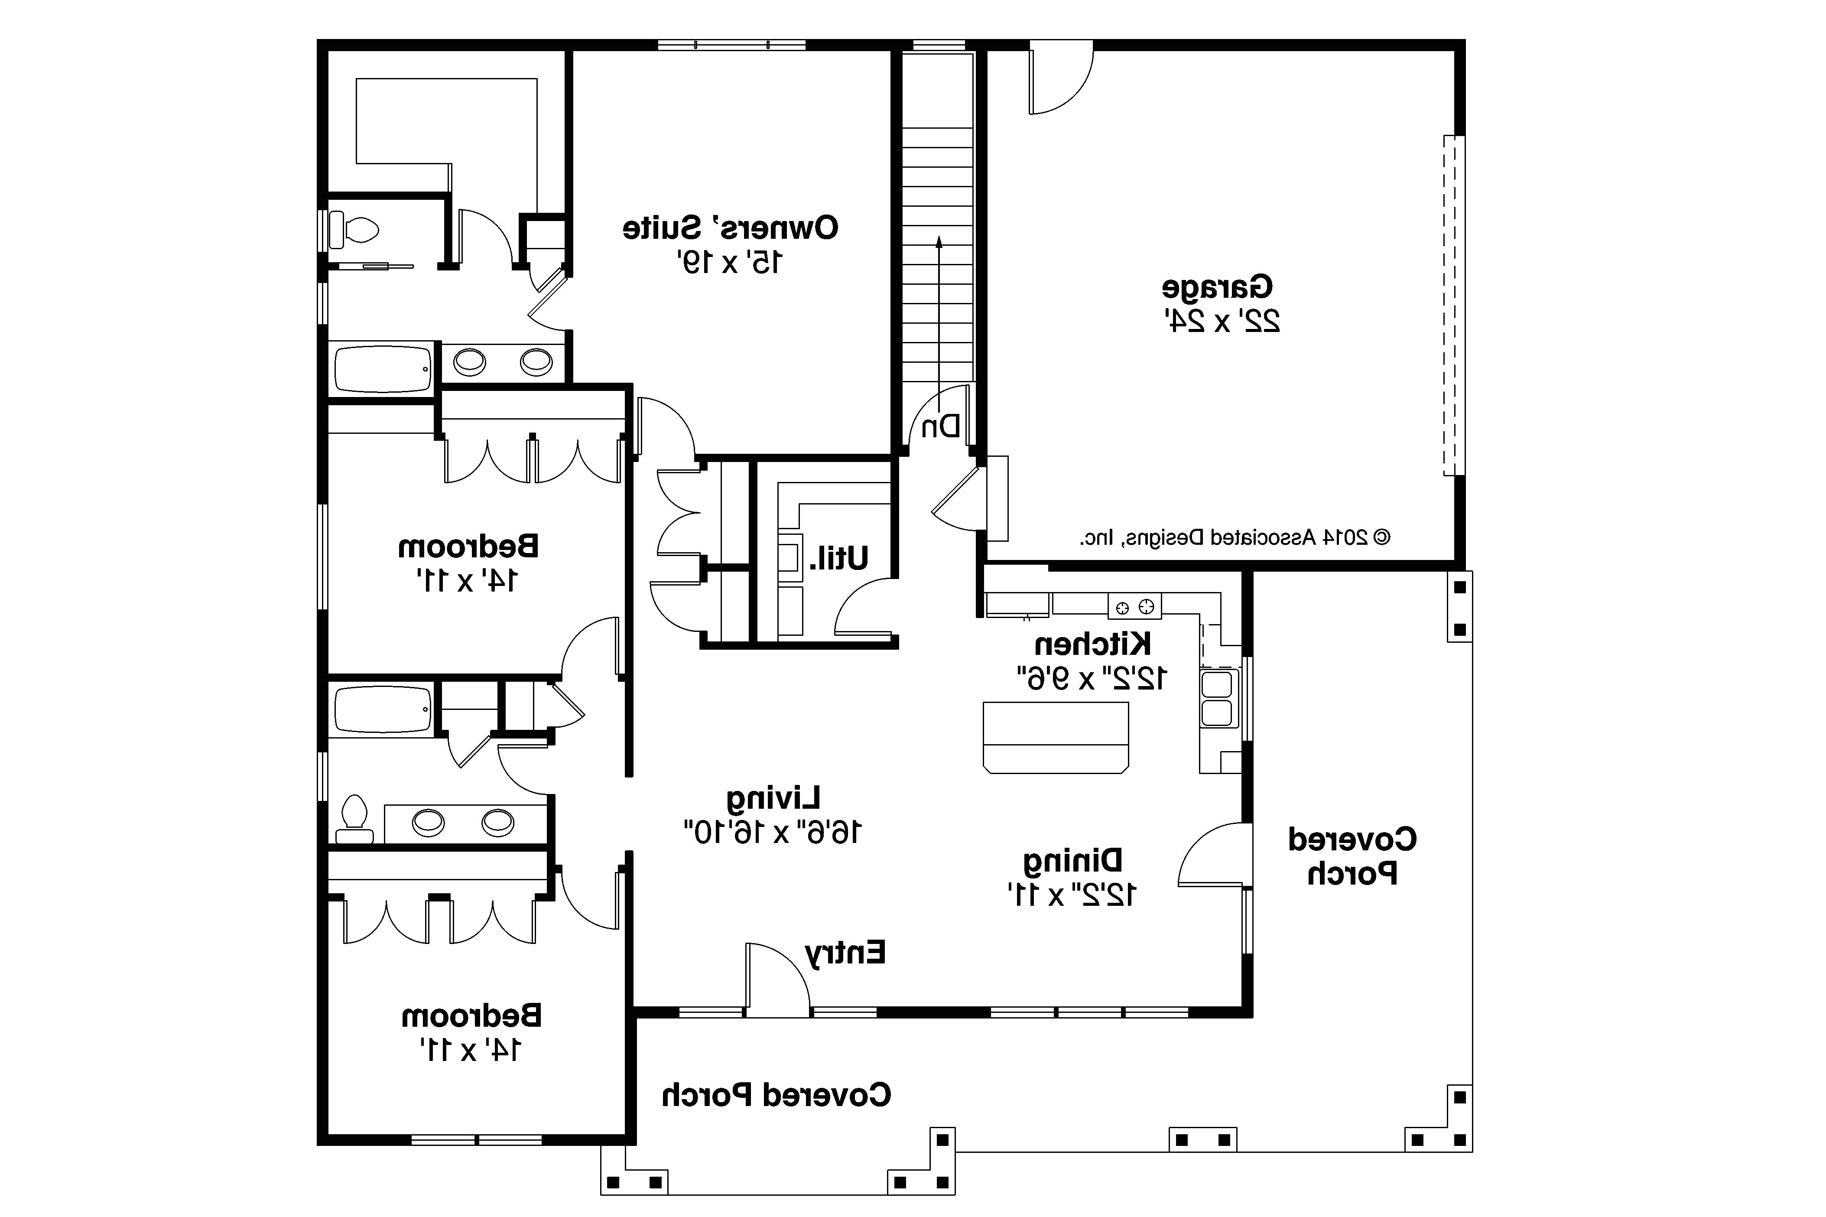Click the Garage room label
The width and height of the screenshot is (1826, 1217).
pos(1217,287)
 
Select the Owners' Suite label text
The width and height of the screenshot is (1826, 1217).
pos(730,228)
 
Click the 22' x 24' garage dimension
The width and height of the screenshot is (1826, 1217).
pos(1222,321)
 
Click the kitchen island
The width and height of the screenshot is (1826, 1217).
pos(1056,737)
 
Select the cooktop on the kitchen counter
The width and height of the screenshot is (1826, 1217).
pos(1134,607)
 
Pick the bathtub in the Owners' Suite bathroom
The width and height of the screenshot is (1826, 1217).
pos(383,369)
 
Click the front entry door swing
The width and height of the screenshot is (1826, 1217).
pos(776,979)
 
